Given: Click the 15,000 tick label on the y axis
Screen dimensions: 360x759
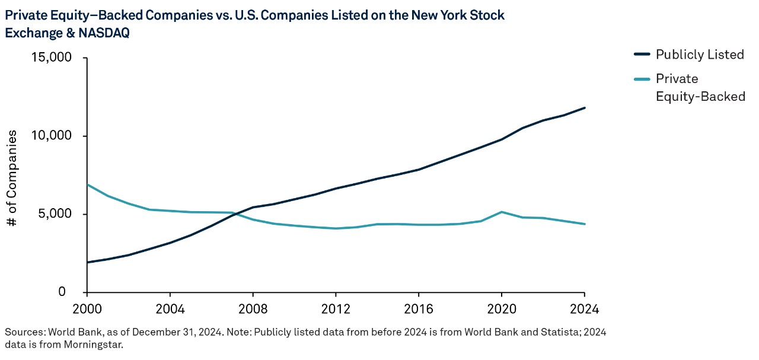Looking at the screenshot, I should [x=51, y=58].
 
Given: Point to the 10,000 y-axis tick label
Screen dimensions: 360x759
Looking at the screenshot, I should [x=51, y=136].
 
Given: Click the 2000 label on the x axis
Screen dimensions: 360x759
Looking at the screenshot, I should [x=87, y=309].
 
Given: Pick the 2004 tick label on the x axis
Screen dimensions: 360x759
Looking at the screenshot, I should [x=170, y=309].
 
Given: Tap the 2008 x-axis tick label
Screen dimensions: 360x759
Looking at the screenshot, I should [x=253, y=309].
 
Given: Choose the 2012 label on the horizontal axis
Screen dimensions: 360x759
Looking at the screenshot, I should [x=336, y=309].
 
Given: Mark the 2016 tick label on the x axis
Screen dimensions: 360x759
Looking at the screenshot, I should [x=419, y=309].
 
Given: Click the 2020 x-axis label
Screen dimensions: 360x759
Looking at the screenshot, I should [x=502, y=309].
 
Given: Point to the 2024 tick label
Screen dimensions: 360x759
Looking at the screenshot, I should [x=584, y=309].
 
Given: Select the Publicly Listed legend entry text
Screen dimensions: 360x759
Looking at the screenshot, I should [x=700, y=55].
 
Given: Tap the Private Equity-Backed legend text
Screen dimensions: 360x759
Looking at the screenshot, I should [x=700, y=88].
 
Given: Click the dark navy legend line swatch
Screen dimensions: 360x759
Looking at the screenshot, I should [x=642, y=55].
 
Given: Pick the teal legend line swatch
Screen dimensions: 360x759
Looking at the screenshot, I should [x=642, y=79].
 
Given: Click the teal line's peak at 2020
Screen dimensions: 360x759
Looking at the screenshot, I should [x=502, y=212].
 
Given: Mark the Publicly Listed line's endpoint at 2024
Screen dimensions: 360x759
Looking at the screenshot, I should [x=585, y=108].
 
